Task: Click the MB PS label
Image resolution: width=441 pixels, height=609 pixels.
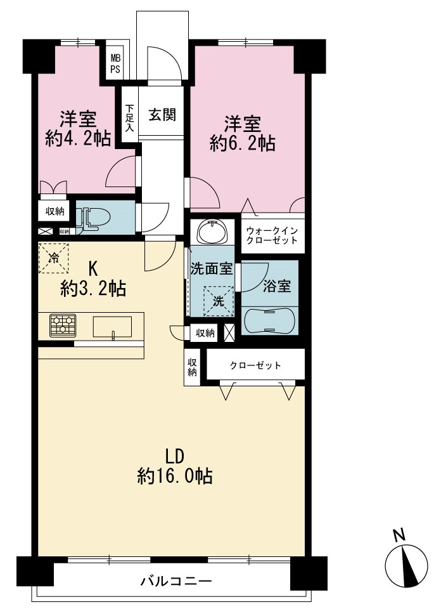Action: [115, 64]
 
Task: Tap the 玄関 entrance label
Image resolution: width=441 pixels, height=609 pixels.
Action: [162, 115]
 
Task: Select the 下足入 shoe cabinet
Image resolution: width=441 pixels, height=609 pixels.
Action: [129, 115]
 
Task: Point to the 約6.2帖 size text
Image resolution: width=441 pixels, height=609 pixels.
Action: [243, 144]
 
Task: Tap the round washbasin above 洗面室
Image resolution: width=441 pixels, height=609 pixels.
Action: [212, 232]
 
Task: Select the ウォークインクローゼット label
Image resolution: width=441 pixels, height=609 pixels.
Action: [272, 235]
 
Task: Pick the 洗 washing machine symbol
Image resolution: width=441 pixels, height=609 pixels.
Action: [219, 301]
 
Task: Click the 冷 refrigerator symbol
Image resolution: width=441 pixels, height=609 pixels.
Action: [53, 258]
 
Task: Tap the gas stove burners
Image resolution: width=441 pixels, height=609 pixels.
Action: [63, 325]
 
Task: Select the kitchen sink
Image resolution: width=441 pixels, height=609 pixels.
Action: [112, 327]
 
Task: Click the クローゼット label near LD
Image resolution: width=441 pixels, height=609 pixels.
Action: [255, 365]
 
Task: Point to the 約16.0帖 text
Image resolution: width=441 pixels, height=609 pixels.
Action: [174, 476]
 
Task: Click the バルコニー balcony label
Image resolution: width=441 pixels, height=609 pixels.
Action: [176, 581]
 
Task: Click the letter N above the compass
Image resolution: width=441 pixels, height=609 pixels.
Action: [399, 535]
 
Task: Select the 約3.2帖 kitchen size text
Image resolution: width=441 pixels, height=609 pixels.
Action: [93, 289]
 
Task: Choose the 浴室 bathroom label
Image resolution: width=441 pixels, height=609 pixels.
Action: [277, 286]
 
